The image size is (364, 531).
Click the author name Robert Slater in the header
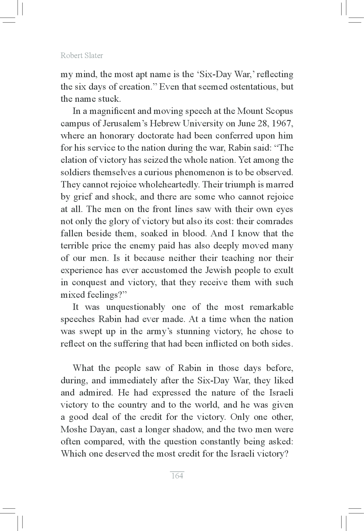click(82, 56)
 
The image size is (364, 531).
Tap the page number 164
click(177, 475)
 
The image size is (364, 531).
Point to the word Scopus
click(279, 111)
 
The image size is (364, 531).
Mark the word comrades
click(275, 221)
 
